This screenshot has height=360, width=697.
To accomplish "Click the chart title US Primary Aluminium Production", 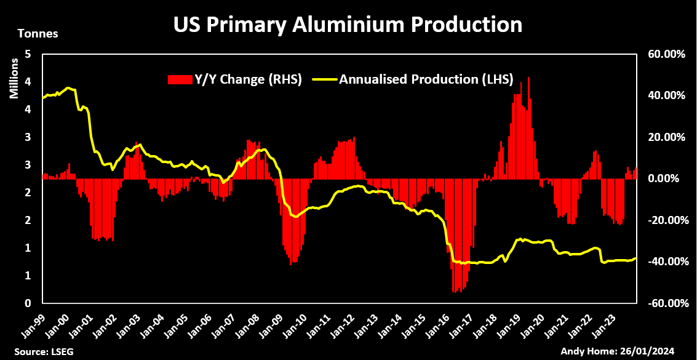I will click(x=348, y=25).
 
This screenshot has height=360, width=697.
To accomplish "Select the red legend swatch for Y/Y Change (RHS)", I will click(x=180, y=79).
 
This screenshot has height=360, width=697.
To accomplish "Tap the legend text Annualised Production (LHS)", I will click(x=426, y=79).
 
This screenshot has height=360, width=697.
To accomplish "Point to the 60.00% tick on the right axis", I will click(x=665, y=54).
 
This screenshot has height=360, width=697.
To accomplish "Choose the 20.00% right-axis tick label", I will click(x=665, y=137).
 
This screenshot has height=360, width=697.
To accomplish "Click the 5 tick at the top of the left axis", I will click(x=28, y=54).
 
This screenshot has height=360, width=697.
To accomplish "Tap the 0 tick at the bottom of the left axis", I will click(x=28, y=303).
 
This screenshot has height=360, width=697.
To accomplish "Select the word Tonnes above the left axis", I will click(x=38, y=34).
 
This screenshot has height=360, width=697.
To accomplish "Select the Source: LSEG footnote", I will click(x=35, y=351).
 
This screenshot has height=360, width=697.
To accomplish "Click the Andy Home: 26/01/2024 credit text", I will click(x=626, y=351).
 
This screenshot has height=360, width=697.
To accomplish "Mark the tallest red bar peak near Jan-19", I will click(x=528, y=79).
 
